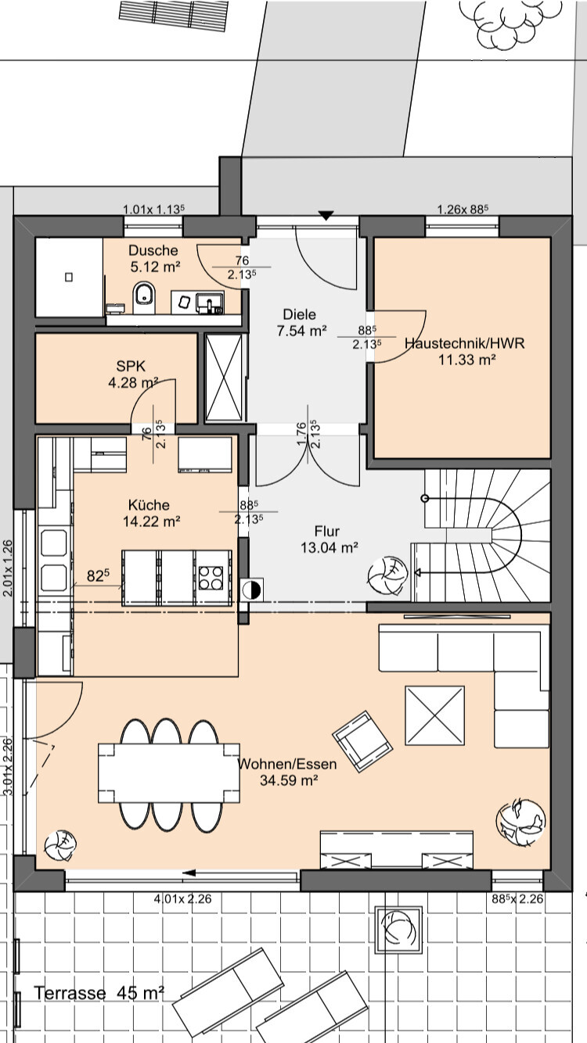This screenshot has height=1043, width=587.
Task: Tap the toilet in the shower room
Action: [x=144, y=296]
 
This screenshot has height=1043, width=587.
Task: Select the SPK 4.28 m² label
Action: [x=133, y=374]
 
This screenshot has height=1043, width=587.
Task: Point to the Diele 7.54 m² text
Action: [x=301, y=322]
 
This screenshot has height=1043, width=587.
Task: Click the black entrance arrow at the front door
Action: [x=326, y=215]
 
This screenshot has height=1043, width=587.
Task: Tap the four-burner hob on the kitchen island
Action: [x=211, y=578]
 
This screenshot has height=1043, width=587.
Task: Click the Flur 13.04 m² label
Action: [x=329, y=539]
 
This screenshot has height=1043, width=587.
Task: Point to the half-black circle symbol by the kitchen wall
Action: [x=251, y=590]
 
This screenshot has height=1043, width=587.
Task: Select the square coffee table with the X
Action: [x=434, y=715]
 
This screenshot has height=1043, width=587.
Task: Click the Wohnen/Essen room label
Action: [x=287, y=764]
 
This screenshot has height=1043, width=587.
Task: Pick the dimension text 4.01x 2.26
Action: [x=183, y=898]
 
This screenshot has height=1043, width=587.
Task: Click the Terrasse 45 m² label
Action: [x=99, y=993]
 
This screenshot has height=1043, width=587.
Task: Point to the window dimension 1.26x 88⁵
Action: [x=463, y=209]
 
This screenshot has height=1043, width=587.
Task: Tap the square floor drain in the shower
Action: [x=69, y=277]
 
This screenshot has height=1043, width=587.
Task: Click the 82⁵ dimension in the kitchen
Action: [x=98, y=576]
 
